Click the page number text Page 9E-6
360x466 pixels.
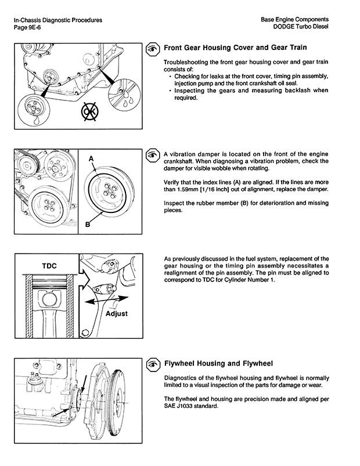coord(27,28)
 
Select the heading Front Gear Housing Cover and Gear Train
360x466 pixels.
coord(235,48)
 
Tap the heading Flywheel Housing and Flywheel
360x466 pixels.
coord(218,364)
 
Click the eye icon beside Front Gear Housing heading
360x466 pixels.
coord(152,48)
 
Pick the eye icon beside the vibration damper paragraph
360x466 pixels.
coord(152,154)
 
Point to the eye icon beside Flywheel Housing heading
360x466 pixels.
coord(152,364)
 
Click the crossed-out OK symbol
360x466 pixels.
coord(89,111)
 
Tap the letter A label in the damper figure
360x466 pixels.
coord(91,158)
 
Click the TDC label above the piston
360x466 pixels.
coord(50,265)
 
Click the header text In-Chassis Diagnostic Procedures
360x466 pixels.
coord(57,20)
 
